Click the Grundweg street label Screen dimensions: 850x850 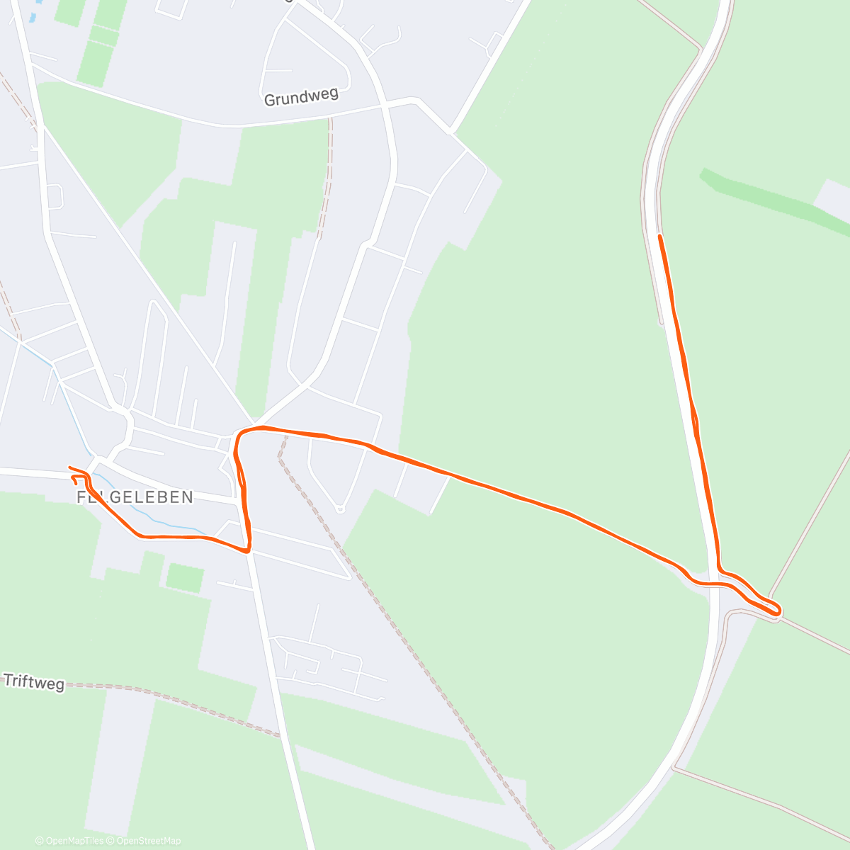(x=301, y=97)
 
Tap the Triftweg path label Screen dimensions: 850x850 (x=34, y=682)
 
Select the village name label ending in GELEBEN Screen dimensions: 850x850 (x=135, y=497)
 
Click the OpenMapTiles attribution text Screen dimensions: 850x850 (x=69, y=841)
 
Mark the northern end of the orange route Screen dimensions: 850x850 (x=659, y=236)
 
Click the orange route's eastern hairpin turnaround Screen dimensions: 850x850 (x=778, y=609)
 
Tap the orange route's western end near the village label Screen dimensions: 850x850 (x=70, y=467)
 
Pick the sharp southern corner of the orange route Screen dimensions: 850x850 (x=248, y=550)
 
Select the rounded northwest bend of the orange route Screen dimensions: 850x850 (x=241, y=432)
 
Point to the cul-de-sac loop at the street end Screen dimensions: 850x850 (x=340, y=508)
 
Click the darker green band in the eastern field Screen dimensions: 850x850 (x=772, y=198)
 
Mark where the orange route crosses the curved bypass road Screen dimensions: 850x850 (x=714, y=584)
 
